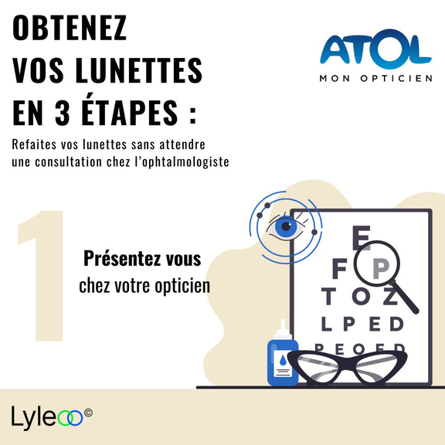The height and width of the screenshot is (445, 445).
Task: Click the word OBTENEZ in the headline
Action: (x=70, y=28)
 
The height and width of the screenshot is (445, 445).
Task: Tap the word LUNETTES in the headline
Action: (x=139, y=70)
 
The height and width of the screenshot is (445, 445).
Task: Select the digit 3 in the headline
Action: (x=62, y=112)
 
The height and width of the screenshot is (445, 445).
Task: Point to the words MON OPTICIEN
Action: (x=375, y=78)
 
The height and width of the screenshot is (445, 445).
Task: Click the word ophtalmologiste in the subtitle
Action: (x=182, y=162)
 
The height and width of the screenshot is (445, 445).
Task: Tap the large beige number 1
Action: (x=40, y=275)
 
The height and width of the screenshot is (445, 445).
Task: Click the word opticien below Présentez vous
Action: (x=182, y=286)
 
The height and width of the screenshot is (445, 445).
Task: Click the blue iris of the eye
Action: (x=286, y=226)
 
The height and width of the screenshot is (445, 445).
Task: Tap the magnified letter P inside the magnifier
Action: (x=381, y=268)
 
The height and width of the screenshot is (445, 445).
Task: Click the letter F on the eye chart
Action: (x=339, y=268)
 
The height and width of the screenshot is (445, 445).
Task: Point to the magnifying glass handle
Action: (x=406, y=297)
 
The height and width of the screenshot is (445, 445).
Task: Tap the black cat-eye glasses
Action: (x=347, y=368)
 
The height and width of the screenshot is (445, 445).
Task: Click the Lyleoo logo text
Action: (x=47, y=418)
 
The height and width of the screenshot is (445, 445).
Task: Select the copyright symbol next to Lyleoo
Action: (x=88, y=413)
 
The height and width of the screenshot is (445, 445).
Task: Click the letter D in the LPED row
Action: (x=396, y=324)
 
